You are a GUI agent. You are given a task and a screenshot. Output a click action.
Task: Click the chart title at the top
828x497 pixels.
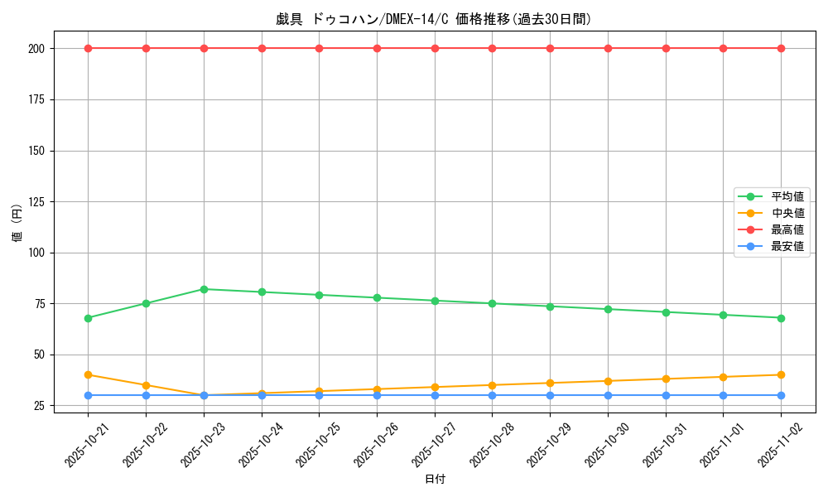[434, 19]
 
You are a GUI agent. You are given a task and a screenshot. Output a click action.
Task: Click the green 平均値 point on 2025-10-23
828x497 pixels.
[204, 289]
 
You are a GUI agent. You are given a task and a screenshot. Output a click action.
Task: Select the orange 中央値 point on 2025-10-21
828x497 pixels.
[88, 375]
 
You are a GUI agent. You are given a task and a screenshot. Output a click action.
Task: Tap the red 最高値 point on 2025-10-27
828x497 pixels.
[435, 48]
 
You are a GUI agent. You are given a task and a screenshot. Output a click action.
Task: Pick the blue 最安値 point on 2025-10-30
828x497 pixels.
[608, 395]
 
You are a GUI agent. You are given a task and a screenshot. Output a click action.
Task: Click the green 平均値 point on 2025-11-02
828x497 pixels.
[781, 318]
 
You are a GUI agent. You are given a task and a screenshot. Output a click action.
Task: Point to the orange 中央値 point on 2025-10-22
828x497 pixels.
[146, 385]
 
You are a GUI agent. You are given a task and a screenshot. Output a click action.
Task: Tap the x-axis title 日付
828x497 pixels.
[435, 480]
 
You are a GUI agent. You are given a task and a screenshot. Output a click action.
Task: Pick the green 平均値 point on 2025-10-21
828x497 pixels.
[88, 318]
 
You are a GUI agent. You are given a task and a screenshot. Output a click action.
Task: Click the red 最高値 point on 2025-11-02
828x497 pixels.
[781, 48]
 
